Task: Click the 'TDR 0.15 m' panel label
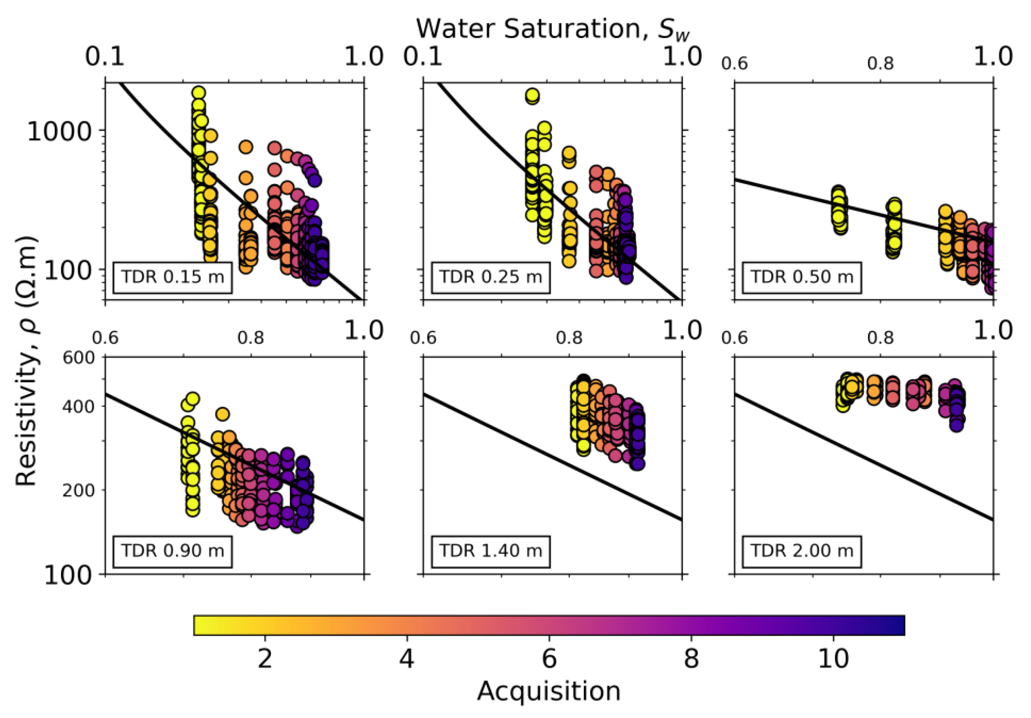pos(172,277)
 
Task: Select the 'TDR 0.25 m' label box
pos(490,277)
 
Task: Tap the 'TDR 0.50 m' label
pos(802,277)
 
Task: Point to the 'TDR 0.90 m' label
pos(172,550)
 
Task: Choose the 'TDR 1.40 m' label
pos(490,550)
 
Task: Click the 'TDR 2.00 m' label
pos(802,550)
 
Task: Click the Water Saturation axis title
pos(552,29)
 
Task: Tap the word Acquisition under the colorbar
pos(549,691)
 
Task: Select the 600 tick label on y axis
pos(79,358)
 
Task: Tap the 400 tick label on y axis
pos(79,407)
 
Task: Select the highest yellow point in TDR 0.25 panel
pos(533,95)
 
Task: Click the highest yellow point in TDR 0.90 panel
pos(193,399)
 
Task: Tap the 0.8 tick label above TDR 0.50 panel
pos(880,64)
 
